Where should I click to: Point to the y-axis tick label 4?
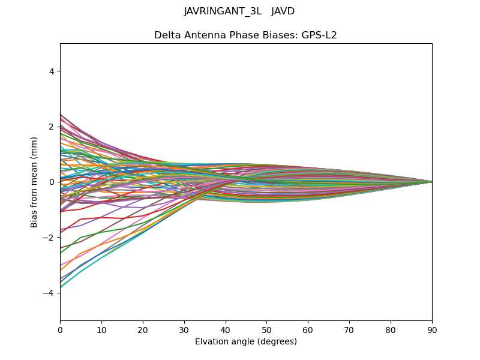pyautogui.click(x=52, y=71)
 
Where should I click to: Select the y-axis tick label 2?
pyautogui.click(x=52, y=127)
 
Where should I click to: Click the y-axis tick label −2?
pyautogui.click(x=50, y=238)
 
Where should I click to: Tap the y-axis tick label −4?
pyautogui.click(x=50, y=293)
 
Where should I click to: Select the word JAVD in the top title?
pyautogui.click(x=283, y=11)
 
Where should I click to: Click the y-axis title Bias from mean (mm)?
pyautogui.click(x=35, y=182)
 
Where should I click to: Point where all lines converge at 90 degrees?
pyautogui.click(x=432, y=182)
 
